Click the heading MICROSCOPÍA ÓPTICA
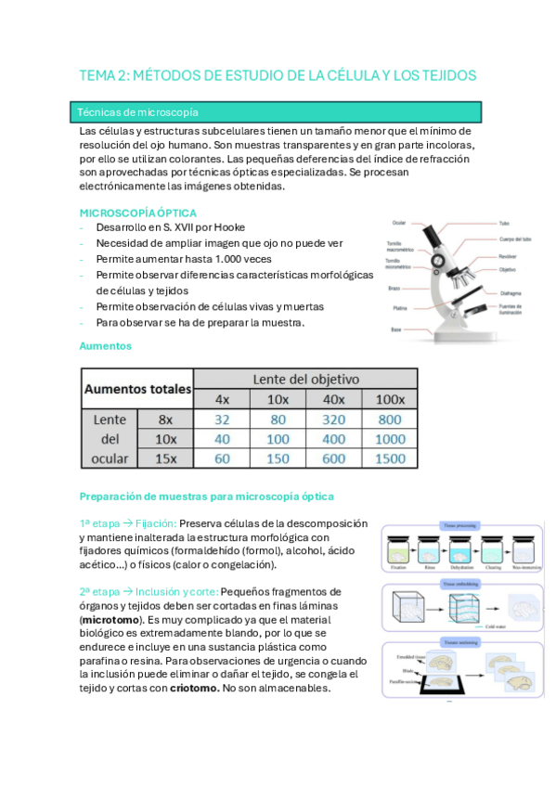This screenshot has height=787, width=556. [137, 213]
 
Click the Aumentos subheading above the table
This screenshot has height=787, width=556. [106, 345]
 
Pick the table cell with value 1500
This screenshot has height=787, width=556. [391, 458]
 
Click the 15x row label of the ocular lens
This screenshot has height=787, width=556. [165, 458]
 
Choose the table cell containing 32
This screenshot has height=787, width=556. [222, 419]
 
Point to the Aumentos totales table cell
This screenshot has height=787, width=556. [137, 389]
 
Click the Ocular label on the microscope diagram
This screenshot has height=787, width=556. [398, 223]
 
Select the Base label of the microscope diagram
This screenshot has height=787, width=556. [395, 330]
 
